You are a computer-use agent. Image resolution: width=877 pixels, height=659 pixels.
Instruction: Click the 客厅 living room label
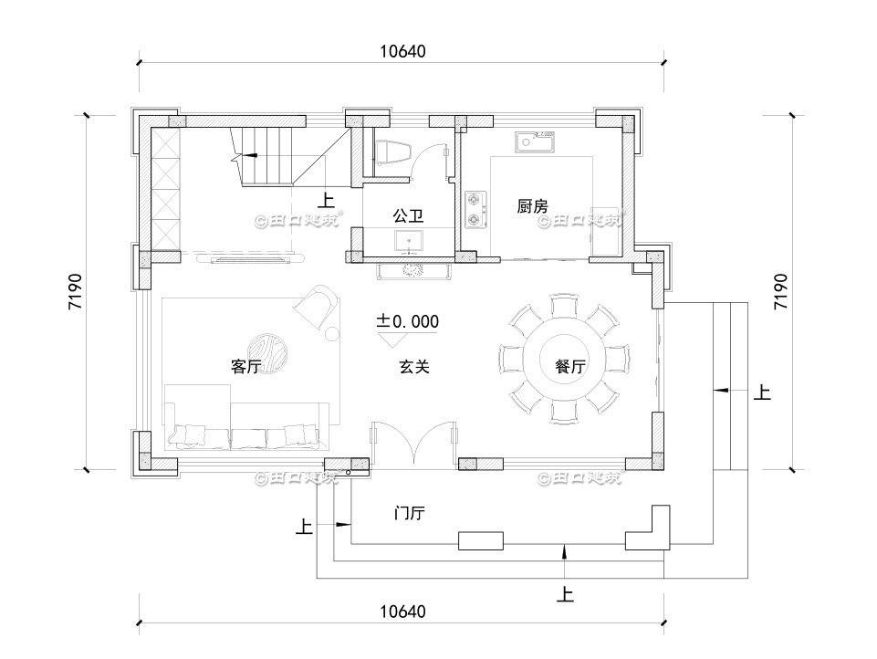tap(246, 367)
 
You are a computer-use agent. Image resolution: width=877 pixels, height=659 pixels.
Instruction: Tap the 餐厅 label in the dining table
tap(569, 367)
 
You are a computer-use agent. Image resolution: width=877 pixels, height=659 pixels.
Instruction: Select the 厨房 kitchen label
tap(532, 207)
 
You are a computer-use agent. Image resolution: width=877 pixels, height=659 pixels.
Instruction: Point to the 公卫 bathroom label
tap(407, 216)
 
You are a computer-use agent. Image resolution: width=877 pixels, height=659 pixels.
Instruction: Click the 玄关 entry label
tap(413, 367)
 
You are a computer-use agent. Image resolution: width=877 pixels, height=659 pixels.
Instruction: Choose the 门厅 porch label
tap(408, 513)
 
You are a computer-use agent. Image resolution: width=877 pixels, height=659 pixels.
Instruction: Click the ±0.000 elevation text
tap(408, 321)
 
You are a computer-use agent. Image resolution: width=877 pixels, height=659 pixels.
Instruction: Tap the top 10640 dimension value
tap(402, 51)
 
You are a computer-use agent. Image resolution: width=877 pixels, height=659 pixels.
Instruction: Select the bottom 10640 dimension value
tap(402, 610)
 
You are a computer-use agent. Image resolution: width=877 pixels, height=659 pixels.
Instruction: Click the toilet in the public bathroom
tap(391, 152)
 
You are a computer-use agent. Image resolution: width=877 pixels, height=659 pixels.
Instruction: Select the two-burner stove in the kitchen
tap(475, 208)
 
